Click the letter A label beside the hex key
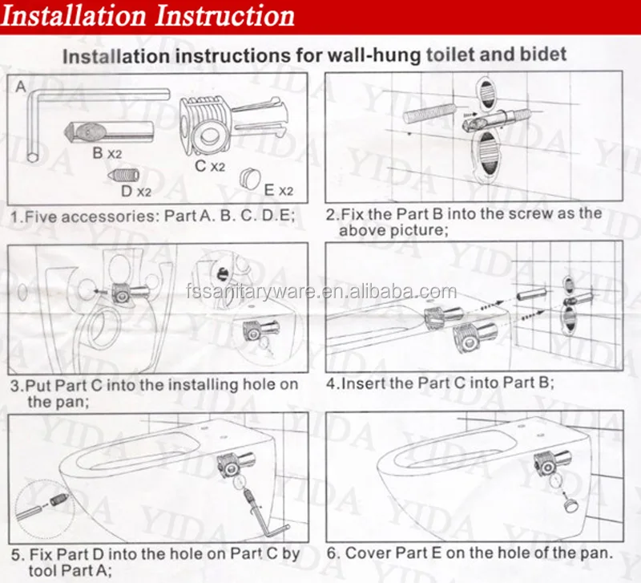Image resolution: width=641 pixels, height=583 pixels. [x=21, y=87]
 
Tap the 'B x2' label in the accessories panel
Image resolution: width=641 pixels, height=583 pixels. [x=107, y=153]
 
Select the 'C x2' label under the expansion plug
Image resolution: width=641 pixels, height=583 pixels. [x=210, y=166]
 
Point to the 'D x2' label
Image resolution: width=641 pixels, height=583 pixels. [x=136, y=191]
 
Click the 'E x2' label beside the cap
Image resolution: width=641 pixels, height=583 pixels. [x=279, y=190]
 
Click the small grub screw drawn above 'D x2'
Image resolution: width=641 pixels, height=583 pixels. [x=123, y=175]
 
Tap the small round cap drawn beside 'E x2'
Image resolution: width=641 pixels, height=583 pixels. [x=250, y=178]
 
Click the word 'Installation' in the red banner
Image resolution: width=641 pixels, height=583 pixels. [x=74, y=16]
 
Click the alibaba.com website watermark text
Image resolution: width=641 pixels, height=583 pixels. [x=321, y=292]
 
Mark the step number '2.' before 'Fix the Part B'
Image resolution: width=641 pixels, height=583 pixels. [x=332, y=214]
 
